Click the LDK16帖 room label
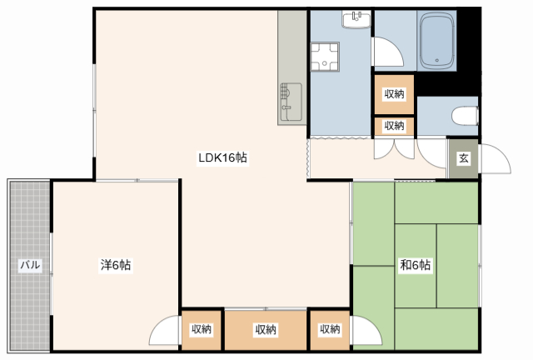[x=222, y=157]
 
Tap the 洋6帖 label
[x=116, y=265]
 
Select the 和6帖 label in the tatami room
[x=416, y=265]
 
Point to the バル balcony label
[x=30, y=265]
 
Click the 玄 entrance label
[x=464, y=158]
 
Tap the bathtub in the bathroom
[x=436, y=41]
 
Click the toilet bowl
[x=465, y=116]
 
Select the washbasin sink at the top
[x=356, y=19]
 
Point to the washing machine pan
[x=325, y=57]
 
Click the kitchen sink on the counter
[x=291, y=102]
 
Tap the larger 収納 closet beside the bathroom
[x=394, y=94]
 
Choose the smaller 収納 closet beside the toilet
[x=394, y=126]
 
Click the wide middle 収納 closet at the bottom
[x=266, y=329]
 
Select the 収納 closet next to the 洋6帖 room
[x=202, y=329]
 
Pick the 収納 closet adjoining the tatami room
[x=330, y=329]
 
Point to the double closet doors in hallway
[x=394, y=149]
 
